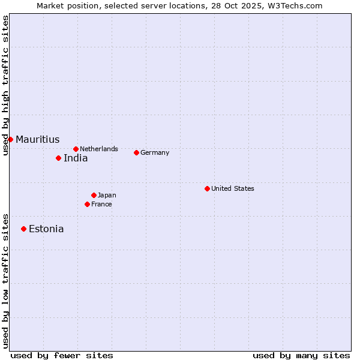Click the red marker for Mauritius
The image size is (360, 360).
pos(10,139)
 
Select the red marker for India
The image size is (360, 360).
pos(58,158)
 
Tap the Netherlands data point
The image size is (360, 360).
pos(76,149)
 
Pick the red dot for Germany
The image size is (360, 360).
pos(136,152)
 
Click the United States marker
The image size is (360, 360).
pos(207,188)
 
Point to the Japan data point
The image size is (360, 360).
pos(94,195)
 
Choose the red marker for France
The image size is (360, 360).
pos(87,204)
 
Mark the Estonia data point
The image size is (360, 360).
pos(23,229)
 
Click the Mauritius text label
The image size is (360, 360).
pos(37,140)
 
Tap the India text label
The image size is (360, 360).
pos(76,158)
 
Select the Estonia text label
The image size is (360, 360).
pos(46,229)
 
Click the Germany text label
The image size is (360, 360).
pos(155,152)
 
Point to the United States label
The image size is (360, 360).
pos(232,188)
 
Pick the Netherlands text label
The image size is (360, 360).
pos(98,149)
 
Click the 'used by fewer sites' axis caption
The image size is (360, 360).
pos(62,355)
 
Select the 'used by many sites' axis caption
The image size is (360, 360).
pos(301,355)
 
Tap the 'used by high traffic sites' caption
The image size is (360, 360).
pos(5,85)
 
